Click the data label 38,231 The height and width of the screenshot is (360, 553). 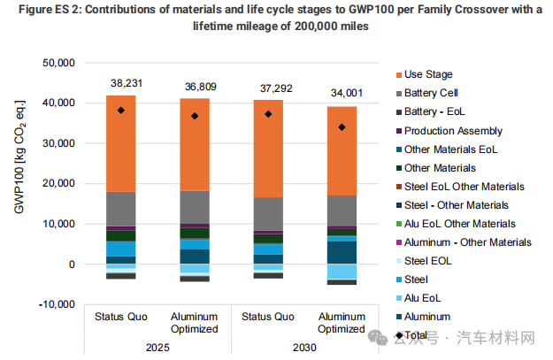[x=121, y=83]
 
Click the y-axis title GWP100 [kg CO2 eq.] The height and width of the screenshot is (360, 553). [x=21, y=184]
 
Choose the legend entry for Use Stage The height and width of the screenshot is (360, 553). [x=428, y=74]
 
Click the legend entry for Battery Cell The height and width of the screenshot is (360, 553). [x=430, y=93]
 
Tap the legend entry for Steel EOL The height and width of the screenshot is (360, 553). [x=428, y=261]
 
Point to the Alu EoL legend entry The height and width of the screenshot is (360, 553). [x=425, y=298]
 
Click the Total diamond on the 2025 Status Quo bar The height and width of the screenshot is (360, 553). [x=121, y=111]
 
